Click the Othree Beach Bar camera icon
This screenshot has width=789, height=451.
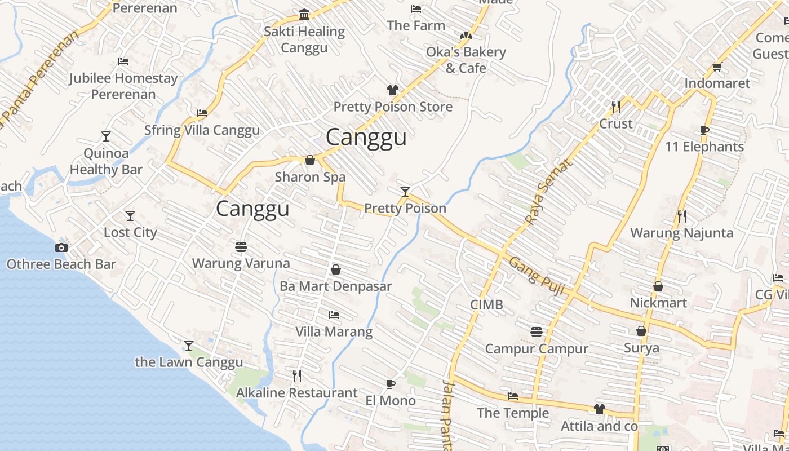click(x=61, y=247)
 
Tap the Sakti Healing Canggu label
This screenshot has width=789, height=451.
click(x=304, y=39)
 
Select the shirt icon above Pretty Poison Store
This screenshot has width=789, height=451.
click(x=393, y=90)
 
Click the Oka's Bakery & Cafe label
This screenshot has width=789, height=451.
click(x=466, y=60)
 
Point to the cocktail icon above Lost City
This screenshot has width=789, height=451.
click(x=130, y=216)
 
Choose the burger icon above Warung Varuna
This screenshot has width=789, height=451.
click(x=241, y=247)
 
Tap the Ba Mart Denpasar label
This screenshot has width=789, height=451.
click(x=335, y=286)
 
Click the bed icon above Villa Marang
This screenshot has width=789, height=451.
click(x=334, y=315)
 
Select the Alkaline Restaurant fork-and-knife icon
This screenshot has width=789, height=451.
click(x=297, y=376)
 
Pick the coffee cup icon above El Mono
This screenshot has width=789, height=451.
click(x=391, y=384)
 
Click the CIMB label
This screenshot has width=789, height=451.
click(x=486, y=305)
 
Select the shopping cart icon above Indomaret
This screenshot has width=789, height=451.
click(x=717, y=67)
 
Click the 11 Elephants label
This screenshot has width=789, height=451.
click(x=704, y=147)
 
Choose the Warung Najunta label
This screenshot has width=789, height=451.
click(x=681, y=233)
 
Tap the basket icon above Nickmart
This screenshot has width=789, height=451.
click(x=658, y=287)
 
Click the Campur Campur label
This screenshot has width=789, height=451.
click(x=537, y=349)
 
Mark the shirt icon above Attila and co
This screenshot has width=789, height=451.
click(x=599, y=409)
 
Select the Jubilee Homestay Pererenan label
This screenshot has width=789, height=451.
click(x=123, y=86)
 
